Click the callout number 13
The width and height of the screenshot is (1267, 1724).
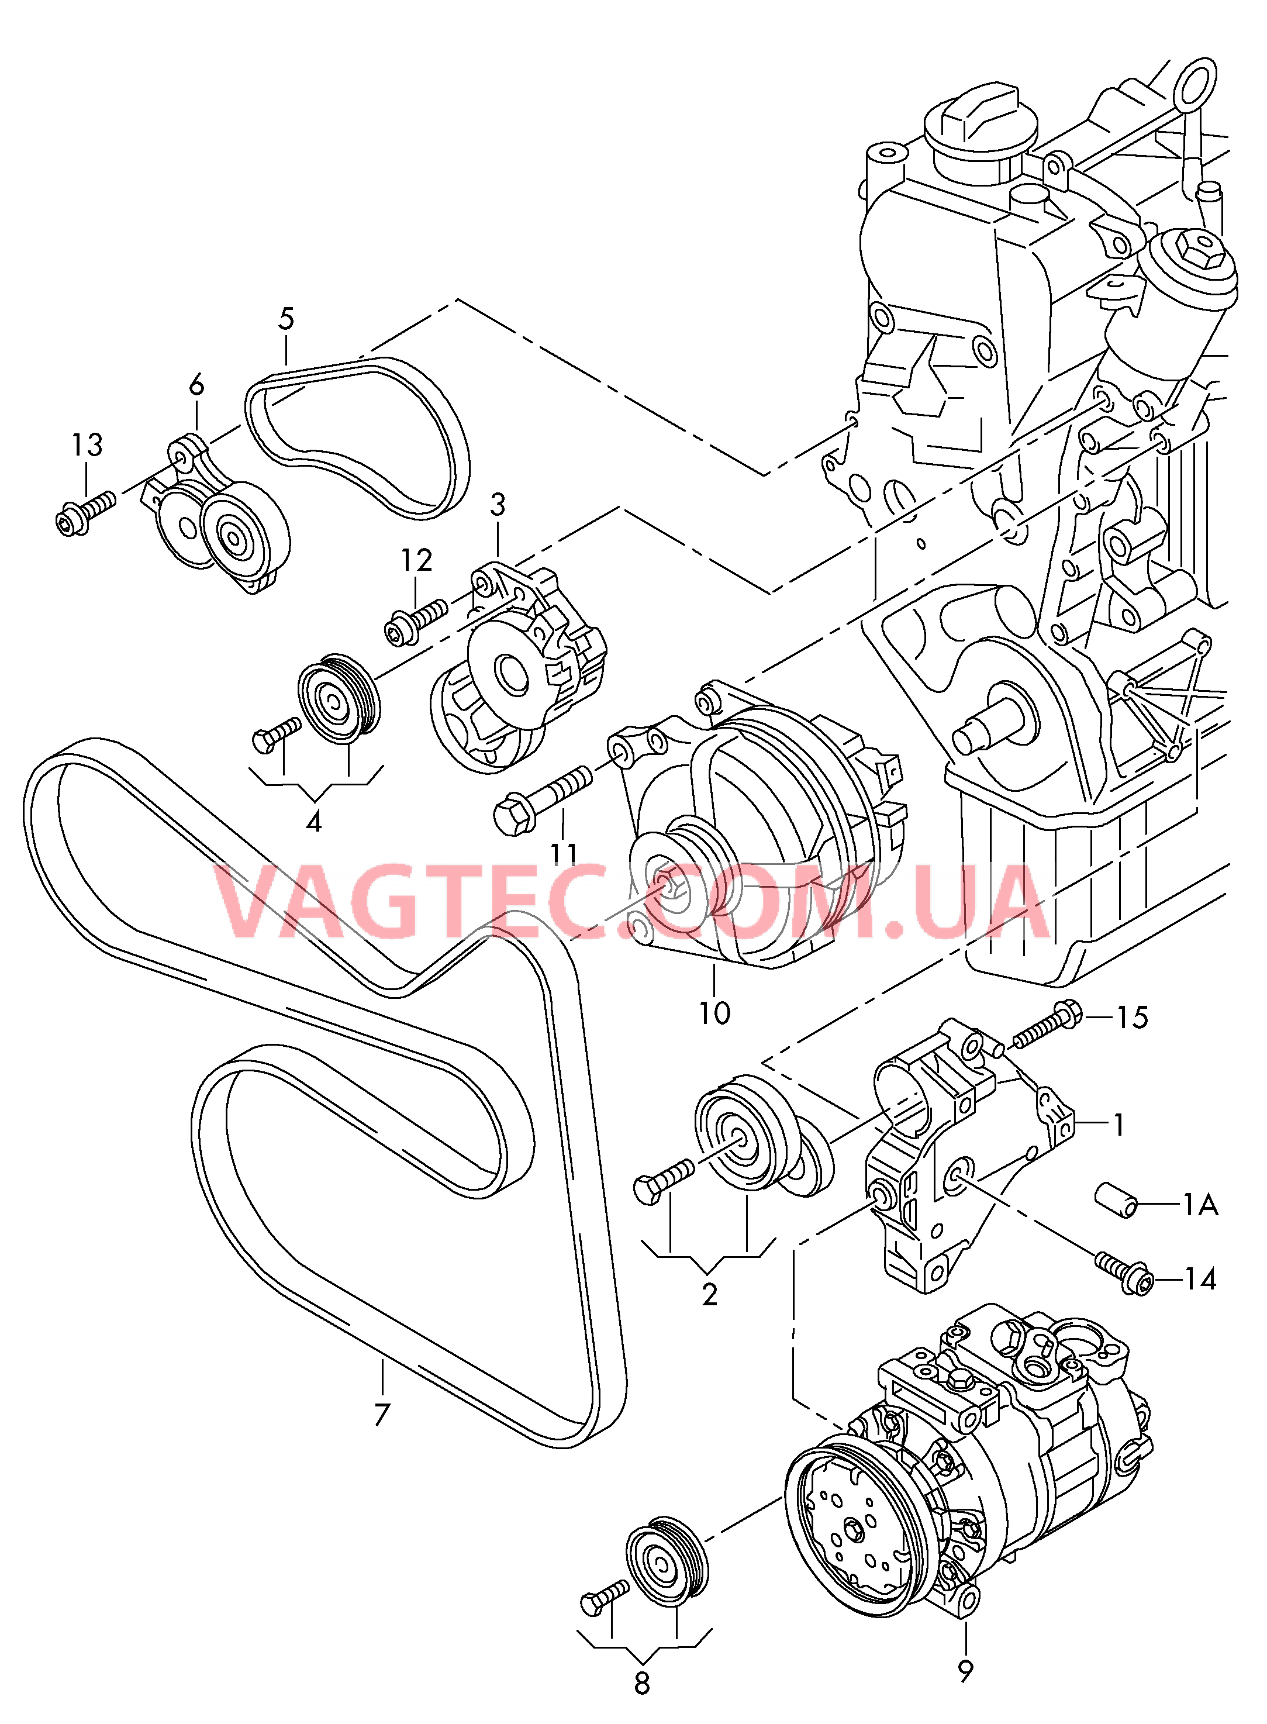click(87, 445)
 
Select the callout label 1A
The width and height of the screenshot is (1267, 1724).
click(1200, 1206)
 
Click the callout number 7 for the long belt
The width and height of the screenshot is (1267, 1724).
click(382, 1413)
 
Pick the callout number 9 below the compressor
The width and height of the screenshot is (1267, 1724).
click(965, 1671)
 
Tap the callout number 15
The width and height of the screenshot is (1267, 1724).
click(1132, 1018)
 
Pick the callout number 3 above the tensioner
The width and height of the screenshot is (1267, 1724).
click(497, 505)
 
